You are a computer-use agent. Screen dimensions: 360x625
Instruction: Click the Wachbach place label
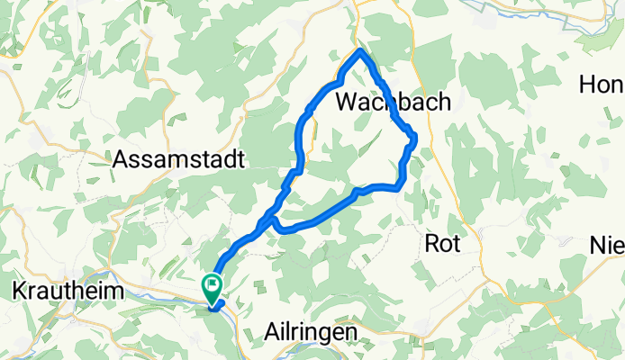(x=393, y=103)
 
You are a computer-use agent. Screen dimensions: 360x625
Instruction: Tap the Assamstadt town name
(x=180, y=160)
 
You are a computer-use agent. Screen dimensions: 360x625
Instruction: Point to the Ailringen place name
(x=311, y=332)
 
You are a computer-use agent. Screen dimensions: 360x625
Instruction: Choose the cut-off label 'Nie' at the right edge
(x=608, y=245)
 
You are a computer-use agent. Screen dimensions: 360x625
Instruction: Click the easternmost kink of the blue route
(x=415, y=137)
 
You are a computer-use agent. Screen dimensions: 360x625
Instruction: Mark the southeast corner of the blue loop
(x=397, y=187)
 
